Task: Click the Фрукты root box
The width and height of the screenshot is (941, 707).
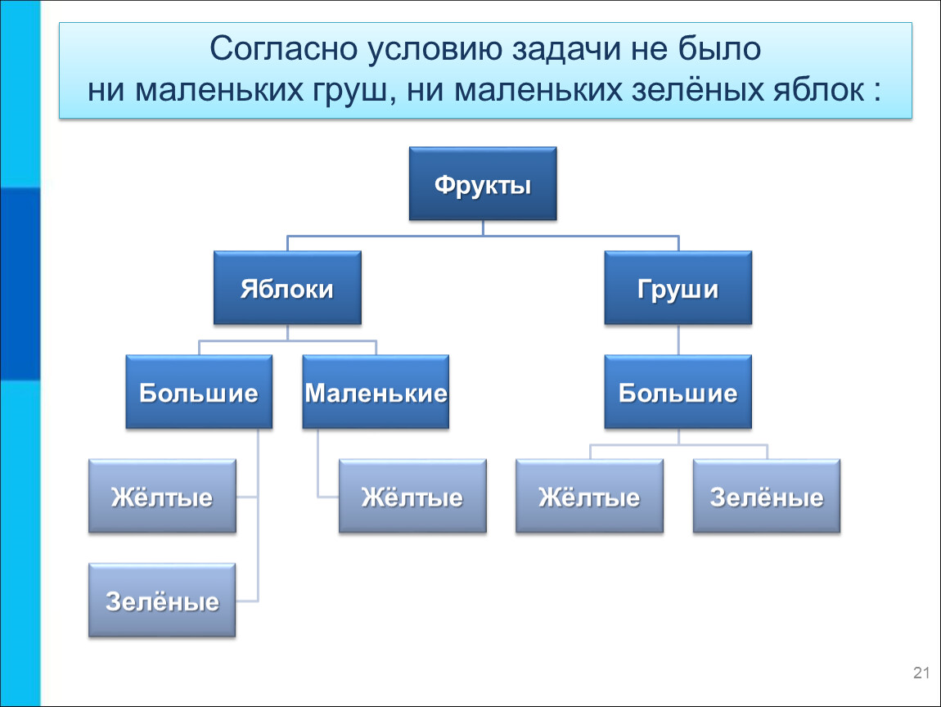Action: pyautogui.click(x=483, y=183)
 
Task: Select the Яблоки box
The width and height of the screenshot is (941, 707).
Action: pyautogui.click(x=287, y=288)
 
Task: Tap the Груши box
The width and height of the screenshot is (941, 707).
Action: pyautogui.click(x=678, y=288)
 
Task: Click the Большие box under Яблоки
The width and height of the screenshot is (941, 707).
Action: pyautogui.click(x=199, y=392)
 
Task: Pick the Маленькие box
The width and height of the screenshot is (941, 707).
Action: pyautogui.click(x=376, y=392)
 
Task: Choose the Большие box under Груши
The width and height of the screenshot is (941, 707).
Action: pyautogui.click(x=678, y=392)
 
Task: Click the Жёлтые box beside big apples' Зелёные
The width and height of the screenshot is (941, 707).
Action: pyautogui.click(x=162, y=497)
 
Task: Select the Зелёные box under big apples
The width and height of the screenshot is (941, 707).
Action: pyautogui.click(x=162, y=600)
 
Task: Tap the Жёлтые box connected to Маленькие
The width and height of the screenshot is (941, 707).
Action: pyautogui.click(x=413, y=497)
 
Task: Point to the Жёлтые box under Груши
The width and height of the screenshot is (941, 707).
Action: pyautogui.click(x=589, y=497)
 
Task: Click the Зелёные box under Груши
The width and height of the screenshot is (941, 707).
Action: pyautogui.click(x=767, y=497)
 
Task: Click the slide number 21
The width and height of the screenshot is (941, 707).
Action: pyautogui.click(x=921, y=673)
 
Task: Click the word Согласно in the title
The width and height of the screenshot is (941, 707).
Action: pyautogui.click(x=282, y=48)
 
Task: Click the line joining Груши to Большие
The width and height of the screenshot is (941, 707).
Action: pyautogui.click(x=678, y=340)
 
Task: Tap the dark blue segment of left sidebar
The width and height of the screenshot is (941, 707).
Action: pyautogui.click(x=20, y=284)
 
